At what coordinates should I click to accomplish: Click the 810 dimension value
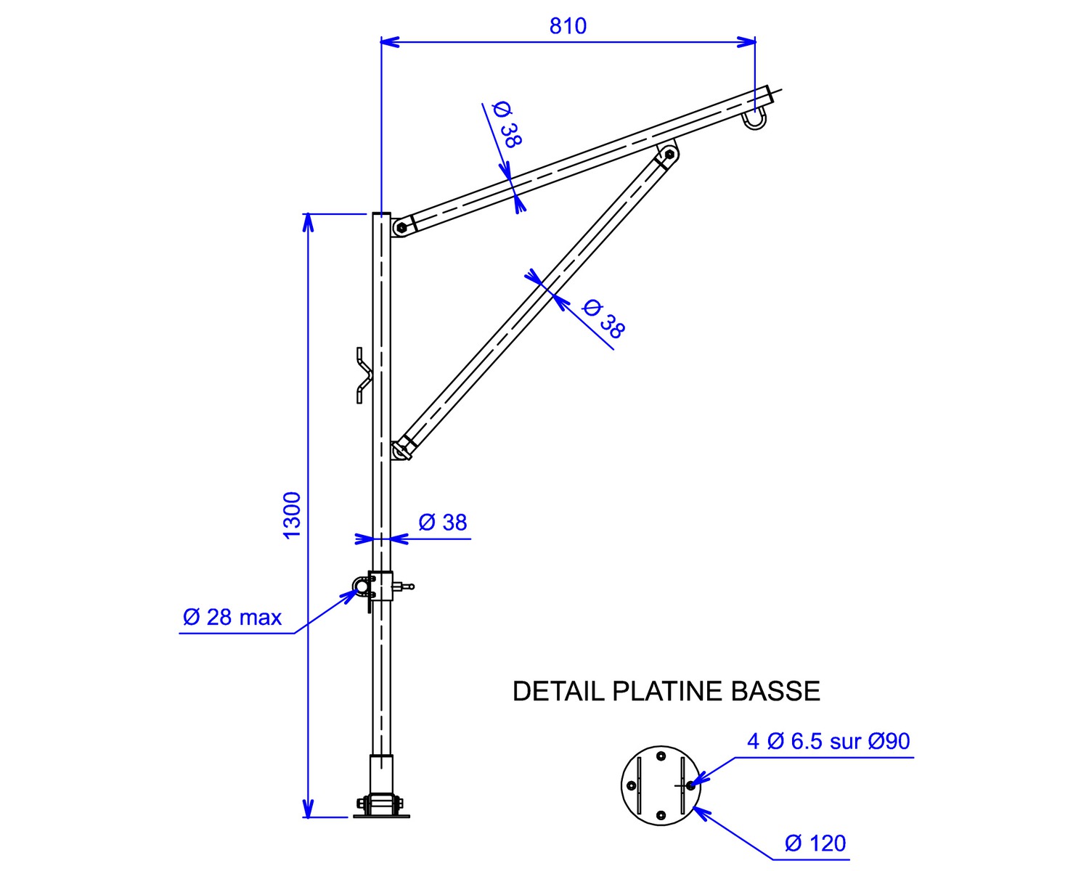[568, 26]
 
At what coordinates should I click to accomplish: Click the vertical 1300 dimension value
[292, 515]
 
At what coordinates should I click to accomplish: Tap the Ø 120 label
[815, 843]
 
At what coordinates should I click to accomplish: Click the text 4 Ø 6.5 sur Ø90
[828, 741]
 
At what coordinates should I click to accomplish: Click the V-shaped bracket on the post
[364, 375]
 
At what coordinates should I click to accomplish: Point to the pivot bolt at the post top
[401, 228]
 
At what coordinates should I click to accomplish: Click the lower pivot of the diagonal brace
[399, 451]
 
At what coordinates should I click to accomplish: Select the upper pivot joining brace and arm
[669, 155]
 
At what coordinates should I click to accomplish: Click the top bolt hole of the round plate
[661, 757]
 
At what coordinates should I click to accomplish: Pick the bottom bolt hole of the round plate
[661, 816]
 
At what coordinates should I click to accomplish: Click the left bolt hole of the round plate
[631, 786]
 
